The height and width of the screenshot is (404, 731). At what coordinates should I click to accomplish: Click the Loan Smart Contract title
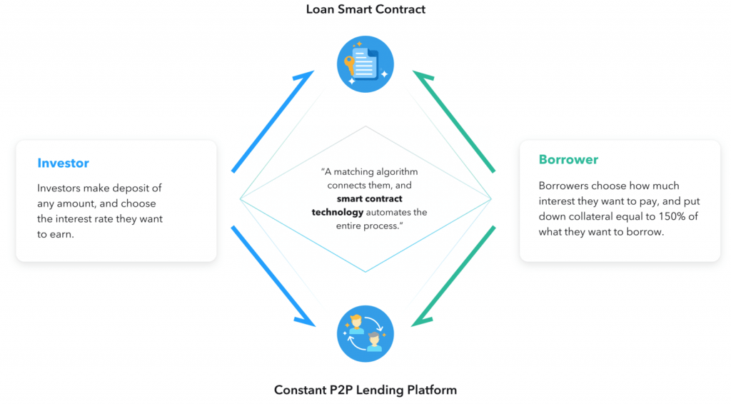pos(365,9)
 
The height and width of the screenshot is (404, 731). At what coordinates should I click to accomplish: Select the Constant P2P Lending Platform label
pos(365,390)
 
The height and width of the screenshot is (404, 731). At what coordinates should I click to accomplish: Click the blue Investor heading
pos(64,163)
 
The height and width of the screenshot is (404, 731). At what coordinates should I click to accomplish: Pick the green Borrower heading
pos(568,159)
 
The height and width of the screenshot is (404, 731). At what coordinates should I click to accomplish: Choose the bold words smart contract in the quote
pos(370,198)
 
